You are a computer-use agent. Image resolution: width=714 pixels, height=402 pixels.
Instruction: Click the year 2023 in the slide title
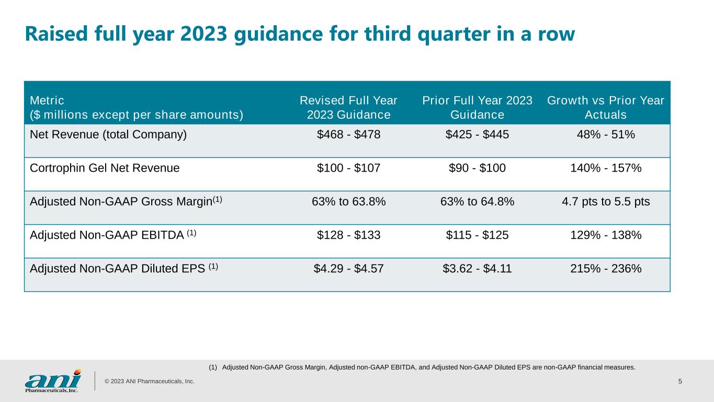pyautogui.click(x=203, y=34)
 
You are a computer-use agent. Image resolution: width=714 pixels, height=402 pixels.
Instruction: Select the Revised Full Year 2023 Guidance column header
pyautogui.click(x=348, y=107)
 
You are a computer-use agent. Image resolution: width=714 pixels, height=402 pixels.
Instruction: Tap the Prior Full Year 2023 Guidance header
pyautogui.click(x=477, y=107)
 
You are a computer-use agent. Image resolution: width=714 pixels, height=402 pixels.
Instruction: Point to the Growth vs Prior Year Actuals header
pyautogui.click(x=606, y=107)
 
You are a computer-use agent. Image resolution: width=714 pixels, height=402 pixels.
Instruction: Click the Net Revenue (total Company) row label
pyautogui.click(x=108, y=135)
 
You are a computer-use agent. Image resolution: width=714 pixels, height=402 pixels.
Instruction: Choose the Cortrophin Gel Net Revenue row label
pyautogui.click(x=105, y=168)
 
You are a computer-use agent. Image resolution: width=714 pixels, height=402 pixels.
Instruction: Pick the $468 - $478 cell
pyautogui.click(x=348, y=135)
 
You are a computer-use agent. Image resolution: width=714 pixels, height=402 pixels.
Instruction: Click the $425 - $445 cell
pyautogui.click(x=477, y=135)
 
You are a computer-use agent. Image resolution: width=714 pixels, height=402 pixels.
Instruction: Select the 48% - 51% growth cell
pyautogui.click(x=606, y=135)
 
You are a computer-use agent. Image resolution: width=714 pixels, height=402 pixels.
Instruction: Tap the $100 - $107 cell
pyautogui.click(x=348, y=168)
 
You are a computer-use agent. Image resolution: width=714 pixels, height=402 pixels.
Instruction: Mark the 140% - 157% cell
pyautogui.click(x=606, y=168)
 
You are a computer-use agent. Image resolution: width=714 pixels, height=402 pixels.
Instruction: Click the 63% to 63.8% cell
pyautogui.click(x=348, y=202)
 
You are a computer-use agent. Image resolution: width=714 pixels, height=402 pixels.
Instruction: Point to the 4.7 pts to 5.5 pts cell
pyautogui.click(x=606, y=202)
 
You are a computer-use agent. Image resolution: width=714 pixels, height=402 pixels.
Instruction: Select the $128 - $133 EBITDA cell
pyautogui.click(x=348, y=235)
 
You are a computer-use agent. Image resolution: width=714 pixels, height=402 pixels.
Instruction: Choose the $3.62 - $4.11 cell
pyautogui.click(x=477, y=269)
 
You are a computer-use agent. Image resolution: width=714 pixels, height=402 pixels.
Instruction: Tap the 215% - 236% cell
pyautogui.click(x=606, y=269)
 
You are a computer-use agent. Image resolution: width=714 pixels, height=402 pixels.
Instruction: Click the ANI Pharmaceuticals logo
pyautogui.click(x=53, y=381)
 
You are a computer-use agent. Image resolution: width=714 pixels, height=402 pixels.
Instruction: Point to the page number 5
pyautogui.click(x=680, y=381)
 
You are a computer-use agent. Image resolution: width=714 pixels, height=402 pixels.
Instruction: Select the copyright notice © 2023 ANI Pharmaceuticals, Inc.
pyautogui.click(x=150, y=381)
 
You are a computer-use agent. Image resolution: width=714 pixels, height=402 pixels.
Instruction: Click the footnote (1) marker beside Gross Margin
pyautogui.click(x=218, y=199)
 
